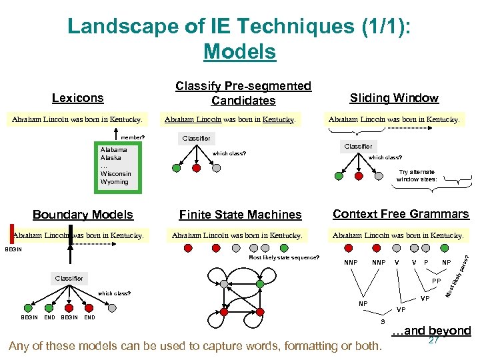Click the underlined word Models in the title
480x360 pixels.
click(239, 51)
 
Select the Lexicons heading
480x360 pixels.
click(78, 98)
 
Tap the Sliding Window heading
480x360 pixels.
click(394, 98)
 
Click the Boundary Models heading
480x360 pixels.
click(83, 215)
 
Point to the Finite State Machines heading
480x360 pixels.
click(240, 215)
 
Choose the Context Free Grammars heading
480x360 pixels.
click(401, 214)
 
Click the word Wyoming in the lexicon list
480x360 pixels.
click(115, 182)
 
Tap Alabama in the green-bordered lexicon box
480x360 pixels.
click(115, 150)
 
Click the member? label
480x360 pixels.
click(133, 138)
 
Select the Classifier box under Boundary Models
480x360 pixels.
click(69, 278)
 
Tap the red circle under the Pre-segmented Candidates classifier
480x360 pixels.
click(195, 169)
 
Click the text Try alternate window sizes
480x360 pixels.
click(416, 175)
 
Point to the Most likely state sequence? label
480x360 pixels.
click(284, 257)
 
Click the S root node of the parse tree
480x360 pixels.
click(382, 321)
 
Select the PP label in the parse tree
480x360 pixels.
click(437, 282)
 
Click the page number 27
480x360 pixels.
click(433, 340)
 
